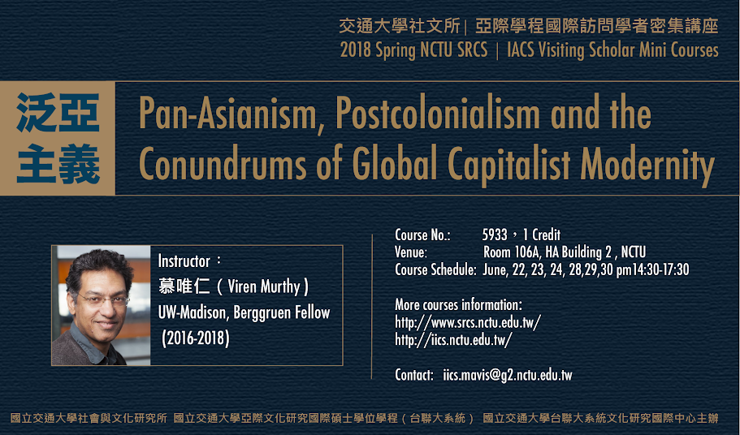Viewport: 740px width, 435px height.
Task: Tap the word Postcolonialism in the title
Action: tap(438, 113)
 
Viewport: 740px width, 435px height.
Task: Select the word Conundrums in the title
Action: tap(223, 164)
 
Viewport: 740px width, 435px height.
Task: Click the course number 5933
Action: tap(495, 235)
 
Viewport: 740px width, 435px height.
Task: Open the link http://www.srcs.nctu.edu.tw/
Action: tap(468, 322)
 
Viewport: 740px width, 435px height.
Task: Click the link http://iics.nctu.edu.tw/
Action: tap(453, 340)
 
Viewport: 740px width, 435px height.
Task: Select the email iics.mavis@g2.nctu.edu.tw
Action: tap(508, 375)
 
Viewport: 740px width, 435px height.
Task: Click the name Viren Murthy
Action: tap(264, 286)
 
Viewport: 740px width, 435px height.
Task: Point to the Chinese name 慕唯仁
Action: tap(184, 286)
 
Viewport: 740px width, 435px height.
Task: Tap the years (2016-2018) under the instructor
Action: tap(196, 338)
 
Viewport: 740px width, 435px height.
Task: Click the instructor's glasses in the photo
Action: tap(103, 299)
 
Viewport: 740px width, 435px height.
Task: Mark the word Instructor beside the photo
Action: tap(184, 261)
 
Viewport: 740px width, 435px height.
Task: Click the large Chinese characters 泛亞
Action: tap(58, 113)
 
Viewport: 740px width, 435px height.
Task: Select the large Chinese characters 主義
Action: tap(58, 164)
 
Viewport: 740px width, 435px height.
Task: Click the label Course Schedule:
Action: tap(435, 269)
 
